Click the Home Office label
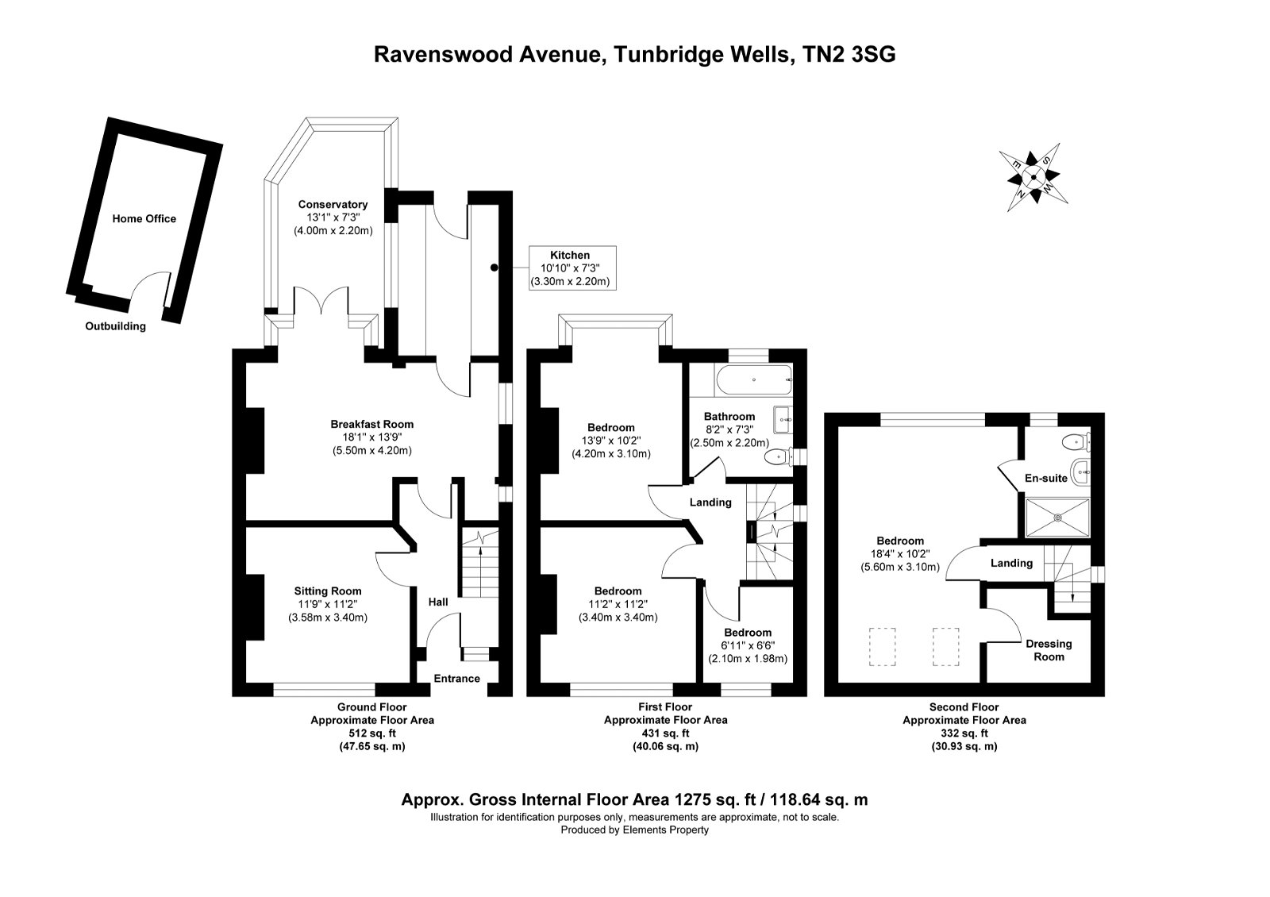[x=144, y=219]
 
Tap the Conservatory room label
[x=333, y=205]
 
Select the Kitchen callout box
[x=572, y=268]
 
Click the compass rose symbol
[x=1033, y=178]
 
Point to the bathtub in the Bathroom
[x=754, y=380]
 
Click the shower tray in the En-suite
[x=1057, y=517]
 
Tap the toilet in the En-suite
[x=1076, y=441]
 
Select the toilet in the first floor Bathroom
[x=779, y=456]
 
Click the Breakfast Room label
[x=372, y=424]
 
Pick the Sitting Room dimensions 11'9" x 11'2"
[x=328, y=604]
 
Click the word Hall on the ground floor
[x=437, y=602]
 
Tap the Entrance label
[x=457, y=679]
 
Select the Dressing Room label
[x=1049, y=650]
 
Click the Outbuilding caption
[x=116, y=326]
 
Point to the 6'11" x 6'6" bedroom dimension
[x=748, y=645]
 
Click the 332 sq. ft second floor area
[x=964, y=733]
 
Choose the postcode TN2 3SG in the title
[x=849, y=55]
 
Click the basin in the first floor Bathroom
[x=783, y=420]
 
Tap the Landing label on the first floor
[x=710, y=502]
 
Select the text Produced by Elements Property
[x=635, y=830]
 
